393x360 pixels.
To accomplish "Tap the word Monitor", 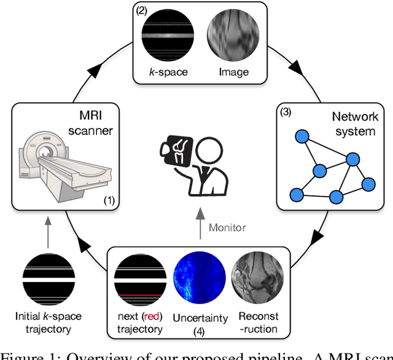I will pyautogui.click(x=227, y=227).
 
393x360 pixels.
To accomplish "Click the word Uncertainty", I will pyautogui.click(x=200, y=318).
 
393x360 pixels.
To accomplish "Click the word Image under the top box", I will pyautogui.click(x=234, y=72).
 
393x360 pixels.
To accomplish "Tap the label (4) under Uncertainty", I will pyautogui.click(x=200, y=330).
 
